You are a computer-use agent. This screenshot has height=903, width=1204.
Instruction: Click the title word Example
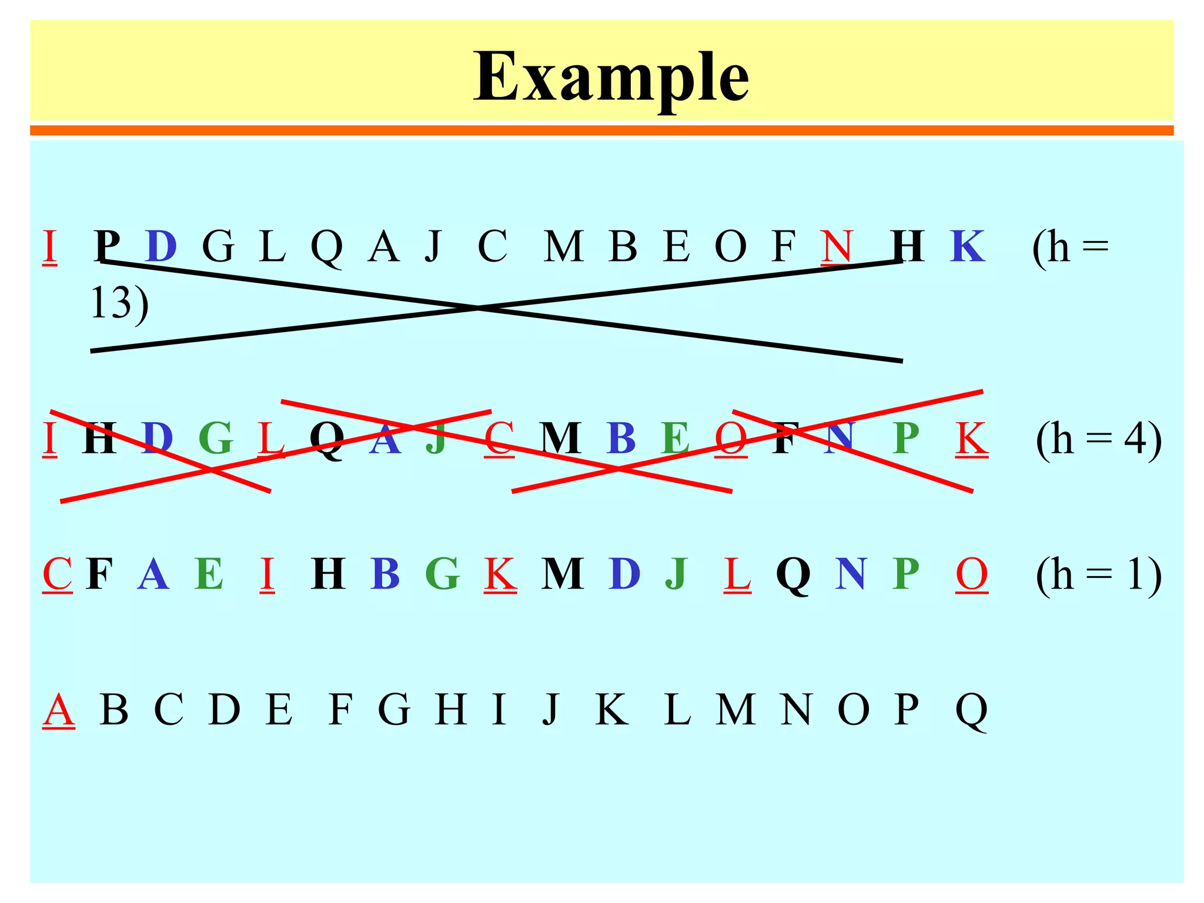[611, 77]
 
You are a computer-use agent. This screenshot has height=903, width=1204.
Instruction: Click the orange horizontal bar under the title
[601, 130]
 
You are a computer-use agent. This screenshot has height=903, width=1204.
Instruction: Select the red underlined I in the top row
[50, 246]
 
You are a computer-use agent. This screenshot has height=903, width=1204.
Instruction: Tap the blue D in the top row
[161, 246]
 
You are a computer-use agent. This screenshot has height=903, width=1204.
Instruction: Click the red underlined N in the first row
[837, 246]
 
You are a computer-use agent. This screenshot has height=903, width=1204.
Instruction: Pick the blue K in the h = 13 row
[967, 246]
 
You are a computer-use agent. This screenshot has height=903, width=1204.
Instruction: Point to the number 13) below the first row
[119, 304]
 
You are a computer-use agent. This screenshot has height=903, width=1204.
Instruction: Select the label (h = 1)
[1098, 574]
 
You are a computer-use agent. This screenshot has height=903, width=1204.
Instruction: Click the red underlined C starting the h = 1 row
[57, 574]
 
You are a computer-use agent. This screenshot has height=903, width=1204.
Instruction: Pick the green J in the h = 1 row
[677, 575]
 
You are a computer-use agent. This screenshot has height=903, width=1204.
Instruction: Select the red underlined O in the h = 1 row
[971, 574]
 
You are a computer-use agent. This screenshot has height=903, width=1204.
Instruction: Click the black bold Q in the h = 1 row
[793, 575]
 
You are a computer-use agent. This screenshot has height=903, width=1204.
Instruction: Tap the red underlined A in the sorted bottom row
[59, 710]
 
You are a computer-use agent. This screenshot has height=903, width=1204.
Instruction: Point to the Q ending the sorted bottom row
[971, 711]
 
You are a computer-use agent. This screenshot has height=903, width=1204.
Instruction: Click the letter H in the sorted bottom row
[451, 710]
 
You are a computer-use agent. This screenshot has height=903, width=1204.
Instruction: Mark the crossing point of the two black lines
[479, 307]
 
